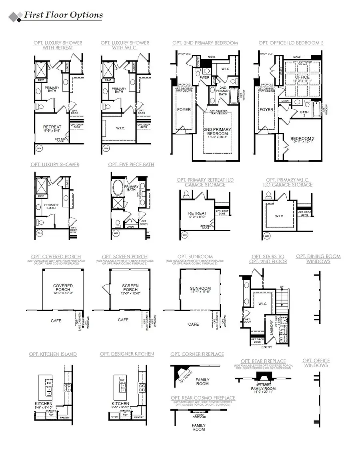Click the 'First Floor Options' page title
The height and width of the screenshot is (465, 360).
pyautogui.click(x=63, y=15)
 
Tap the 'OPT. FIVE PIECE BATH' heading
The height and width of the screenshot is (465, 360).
pyautogui.click(x=131, y=164)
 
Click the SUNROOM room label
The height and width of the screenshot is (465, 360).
pyautogui.click(x=200, y=289)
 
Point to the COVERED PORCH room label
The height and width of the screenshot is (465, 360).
pyautogui.click(x=63, y=286)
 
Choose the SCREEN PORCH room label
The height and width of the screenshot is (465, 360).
pyautogui.click(x=130, y=286)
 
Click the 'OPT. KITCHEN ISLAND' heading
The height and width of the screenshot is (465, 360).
pyautogui.click(x=53, y=354)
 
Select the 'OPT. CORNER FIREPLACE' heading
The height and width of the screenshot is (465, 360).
pyautogui.click(x=197, y=354)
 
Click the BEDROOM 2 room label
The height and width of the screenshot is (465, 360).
pyautogui.click(x=302, y=139)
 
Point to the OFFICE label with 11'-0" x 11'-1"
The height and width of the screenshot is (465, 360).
pyautogui.click(x=302, y=77)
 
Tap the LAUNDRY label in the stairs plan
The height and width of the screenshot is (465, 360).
pyautogui.click(x=272, y=327)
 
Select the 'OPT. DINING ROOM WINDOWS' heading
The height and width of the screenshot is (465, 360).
pyautogui.click(x=318, y=259)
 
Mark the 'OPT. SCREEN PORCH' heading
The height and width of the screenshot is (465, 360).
pyautogui.click(x=124, y=257)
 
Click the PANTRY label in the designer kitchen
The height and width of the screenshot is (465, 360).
pyautogui.click(x=139, y=417)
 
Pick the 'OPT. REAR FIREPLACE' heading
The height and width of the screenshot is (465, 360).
pyautogui.click(x=263, y=361)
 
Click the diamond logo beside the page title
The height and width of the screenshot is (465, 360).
pyautogui.click(x=16, y=16)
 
